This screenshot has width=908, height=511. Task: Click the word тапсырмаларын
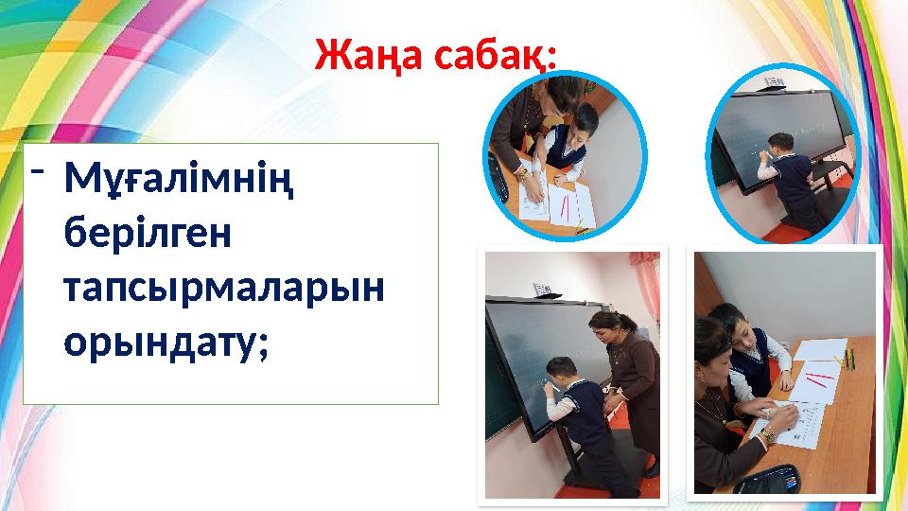[x=224, y=285]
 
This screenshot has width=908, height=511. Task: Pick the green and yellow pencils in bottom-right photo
[x=847, y=360]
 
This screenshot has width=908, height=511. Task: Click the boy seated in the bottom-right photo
[x=747, y=350]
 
